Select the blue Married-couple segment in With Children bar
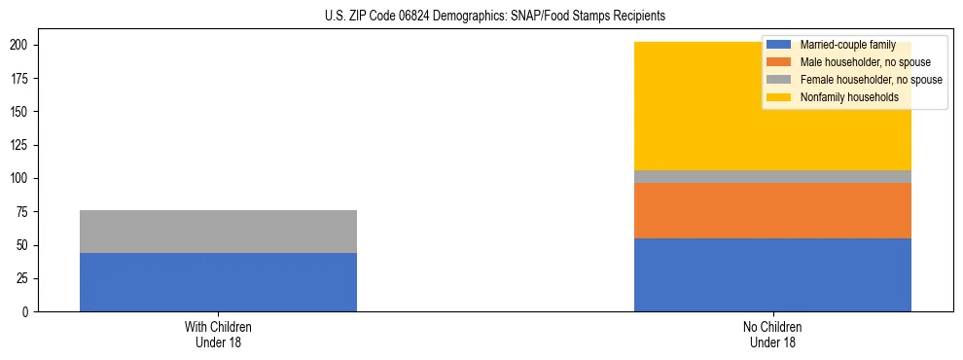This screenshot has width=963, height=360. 218,282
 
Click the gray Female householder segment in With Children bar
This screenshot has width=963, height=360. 218,232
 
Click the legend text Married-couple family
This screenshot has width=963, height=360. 847,46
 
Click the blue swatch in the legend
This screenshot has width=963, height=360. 780,46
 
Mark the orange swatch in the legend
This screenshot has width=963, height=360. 780,62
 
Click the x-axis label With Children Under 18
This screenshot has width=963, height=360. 218,334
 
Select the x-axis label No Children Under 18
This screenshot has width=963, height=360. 772,334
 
